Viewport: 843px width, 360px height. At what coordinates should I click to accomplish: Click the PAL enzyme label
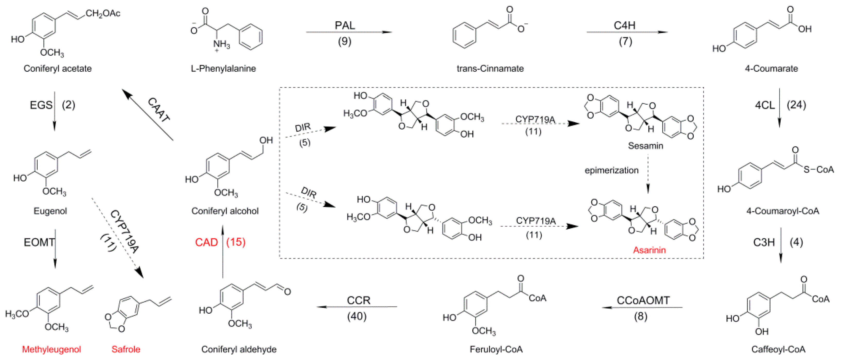(x=345, y=25)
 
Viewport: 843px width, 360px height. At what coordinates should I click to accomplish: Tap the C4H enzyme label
(x=624, y=25)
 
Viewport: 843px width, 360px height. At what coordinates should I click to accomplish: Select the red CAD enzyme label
(x=206, y=242)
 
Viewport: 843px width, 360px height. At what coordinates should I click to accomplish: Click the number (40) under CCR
(x=357, y=316)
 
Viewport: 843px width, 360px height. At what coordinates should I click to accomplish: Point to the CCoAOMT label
(x=643, y=300)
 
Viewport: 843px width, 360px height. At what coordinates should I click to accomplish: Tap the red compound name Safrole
(x=126, y=349)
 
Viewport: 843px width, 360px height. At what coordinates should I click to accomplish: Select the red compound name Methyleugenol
(x=51, y=349)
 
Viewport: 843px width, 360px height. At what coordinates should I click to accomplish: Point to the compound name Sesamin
(x=645, y=146)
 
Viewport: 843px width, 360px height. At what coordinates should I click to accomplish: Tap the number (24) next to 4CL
(x=796, y=105)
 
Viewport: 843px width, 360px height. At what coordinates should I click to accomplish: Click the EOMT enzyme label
(x=39, y=242)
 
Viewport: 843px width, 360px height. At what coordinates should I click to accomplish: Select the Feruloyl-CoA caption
(x=496, y=349)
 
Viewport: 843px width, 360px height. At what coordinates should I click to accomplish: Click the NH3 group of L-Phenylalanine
(x=222, y=44)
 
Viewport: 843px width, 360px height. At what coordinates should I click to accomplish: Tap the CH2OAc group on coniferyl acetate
(x=103, y=13)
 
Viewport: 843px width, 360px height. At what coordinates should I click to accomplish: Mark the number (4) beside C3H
(x=796, y=242)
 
